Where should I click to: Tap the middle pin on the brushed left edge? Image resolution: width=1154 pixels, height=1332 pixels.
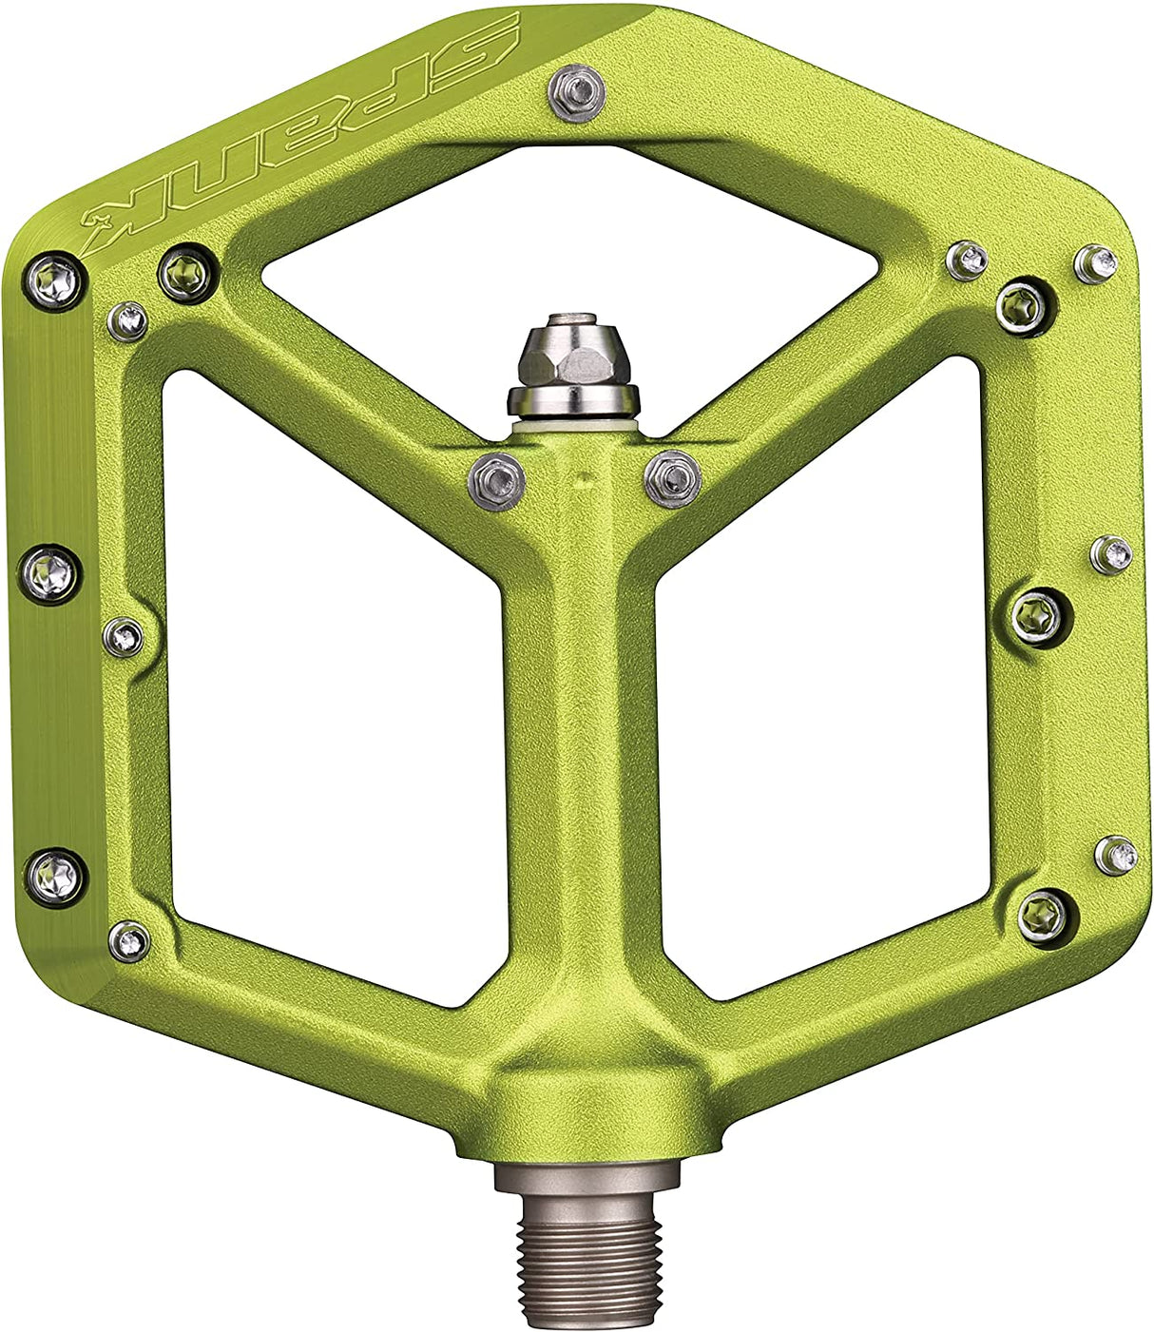[x=49, y=573]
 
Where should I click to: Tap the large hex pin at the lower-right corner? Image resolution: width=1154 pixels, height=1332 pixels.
[x=1043, y=914]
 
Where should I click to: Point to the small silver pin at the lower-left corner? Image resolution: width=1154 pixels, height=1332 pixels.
[x=129, y=940]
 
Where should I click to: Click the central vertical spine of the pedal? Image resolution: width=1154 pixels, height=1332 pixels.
[x=582, y=742]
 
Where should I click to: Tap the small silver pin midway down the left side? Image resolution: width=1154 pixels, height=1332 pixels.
[x=125, y=636]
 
